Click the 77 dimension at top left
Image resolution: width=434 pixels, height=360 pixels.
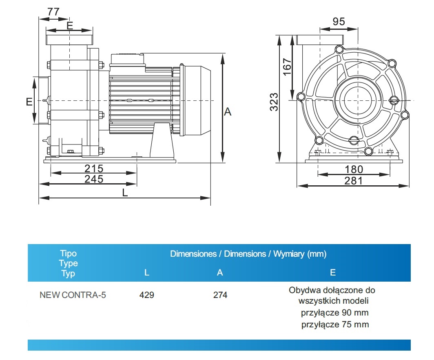pyautogui.click(x=53, y=11)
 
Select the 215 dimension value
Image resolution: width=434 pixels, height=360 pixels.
pyautogui.click(x=94, y=168)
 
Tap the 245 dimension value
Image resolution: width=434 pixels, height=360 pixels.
pyautogui.click(x=94, y=179)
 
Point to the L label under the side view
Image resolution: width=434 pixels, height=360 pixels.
pyautogui.click(x=125, y=193)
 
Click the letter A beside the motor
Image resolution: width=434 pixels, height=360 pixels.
pyautogui.click(x=228, y=111)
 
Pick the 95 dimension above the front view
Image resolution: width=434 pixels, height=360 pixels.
pyautogui.click(x=339, y=22)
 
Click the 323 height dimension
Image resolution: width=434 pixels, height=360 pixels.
pyautogui.click(x=274, y=102)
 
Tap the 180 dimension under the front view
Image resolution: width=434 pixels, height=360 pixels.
pyautogui.click(x=354, y=169)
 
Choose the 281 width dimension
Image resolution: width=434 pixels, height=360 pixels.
pyautogui.click(x=353, y=180)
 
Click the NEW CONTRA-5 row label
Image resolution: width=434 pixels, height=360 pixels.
pyautogui.click(x=73, y=295)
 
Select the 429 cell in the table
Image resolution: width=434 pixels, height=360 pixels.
pyautogui.click(x=146, y=295)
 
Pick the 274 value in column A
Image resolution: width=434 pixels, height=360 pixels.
pyautogui.click(x=220, y=295)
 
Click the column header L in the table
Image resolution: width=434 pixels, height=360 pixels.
pyautogui.click(x=147, y=273)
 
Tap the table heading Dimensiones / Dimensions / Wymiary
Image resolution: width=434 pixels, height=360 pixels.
pyautogui.click(x=248, y=254)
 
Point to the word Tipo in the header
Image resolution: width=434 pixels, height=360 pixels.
pyautogui.click(x=68, y=253)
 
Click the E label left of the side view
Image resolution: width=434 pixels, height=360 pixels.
pyautogui.click(x=29, y=102)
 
